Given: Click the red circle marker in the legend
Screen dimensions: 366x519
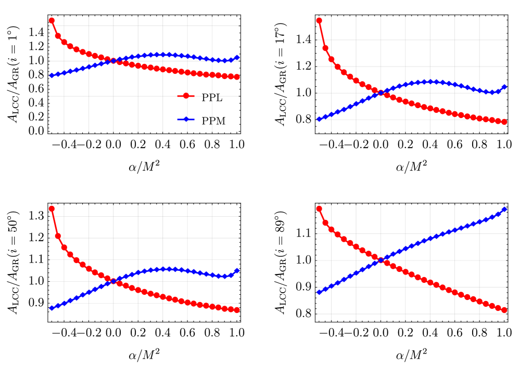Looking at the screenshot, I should coord(186,96).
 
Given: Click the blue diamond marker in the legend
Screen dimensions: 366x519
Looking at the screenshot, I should coord(186,119).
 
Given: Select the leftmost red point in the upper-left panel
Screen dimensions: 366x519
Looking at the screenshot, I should coord(52,21).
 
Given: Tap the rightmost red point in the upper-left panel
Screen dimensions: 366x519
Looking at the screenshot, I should coord(237,77).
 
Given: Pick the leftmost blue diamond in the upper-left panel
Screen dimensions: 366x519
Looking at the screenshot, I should coord(52,75).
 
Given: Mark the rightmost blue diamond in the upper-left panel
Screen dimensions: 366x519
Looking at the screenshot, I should coord(237,57).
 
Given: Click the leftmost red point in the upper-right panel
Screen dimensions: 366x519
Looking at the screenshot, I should coord(319,21).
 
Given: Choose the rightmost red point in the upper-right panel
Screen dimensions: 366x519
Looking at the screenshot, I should coord(504,122).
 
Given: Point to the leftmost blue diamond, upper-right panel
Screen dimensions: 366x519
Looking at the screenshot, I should coord(319,119).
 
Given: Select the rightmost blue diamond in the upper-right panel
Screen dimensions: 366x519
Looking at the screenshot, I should coord(504,87).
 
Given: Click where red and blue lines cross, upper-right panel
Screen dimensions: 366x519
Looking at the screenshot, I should coord(381,93).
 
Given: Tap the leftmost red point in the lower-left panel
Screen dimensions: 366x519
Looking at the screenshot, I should coord(52,208).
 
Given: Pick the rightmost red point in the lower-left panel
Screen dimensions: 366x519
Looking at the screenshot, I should coord(237,310).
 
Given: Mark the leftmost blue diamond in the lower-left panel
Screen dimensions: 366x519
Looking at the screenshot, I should coord(52,308).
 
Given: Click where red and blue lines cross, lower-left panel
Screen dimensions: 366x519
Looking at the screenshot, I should coord(113,281).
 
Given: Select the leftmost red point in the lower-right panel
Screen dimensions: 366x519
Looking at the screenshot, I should coord(319,208).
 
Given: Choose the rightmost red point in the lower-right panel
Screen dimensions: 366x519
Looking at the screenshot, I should coord(504,310).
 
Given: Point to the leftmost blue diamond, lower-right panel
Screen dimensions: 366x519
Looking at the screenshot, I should coord(319,292).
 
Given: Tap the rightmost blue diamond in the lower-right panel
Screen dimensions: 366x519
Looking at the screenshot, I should coord(504,209).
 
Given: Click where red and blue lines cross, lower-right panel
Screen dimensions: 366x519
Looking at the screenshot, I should coord(381,260).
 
